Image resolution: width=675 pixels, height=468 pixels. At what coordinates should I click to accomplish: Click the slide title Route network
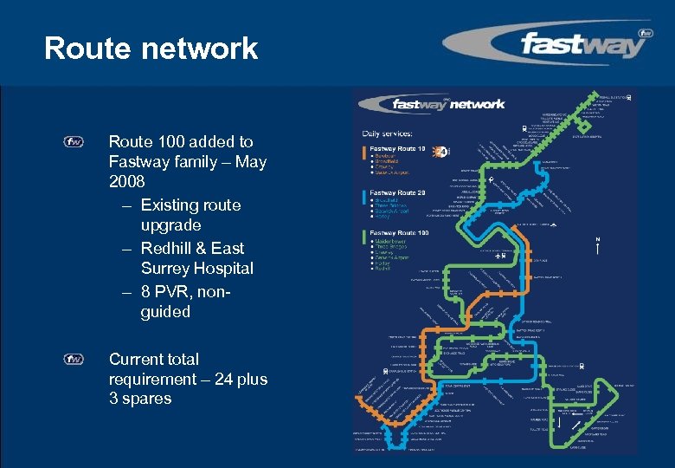(151, 49)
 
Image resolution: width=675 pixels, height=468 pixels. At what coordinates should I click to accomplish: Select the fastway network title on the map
(448, 104)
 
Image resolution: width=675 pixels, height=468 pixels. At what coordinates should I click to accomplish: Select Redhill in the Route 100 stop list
(382, 269)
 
